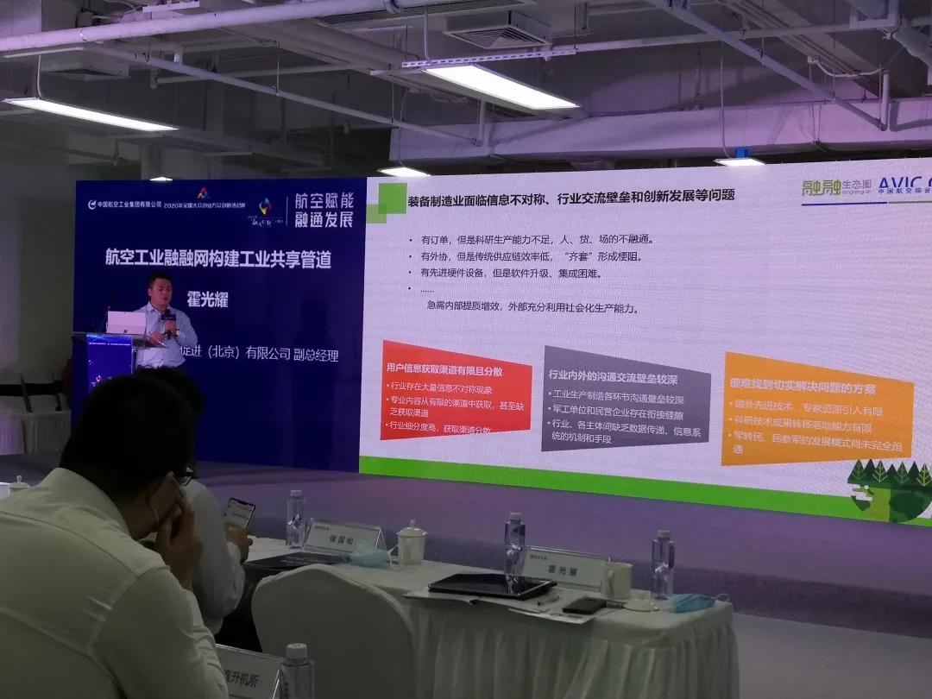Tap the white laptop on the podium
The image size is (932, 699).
pos(126,323)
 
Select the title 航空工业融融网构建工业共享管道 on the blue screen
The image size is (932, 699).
pos(217,259)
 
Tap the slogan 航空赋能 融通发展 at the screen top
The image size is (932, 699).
pos(324,209)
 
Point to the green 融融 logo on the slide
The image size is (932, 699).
pos(822,189)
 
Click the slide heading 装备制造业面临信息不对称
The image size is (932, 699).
pos(570,195)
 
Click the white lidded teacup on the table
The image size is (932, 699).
pos(411,543)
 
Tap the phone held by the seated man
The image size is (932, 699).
pos(238,513)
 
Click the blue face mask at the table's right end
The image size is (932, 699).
pos(691,601)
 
